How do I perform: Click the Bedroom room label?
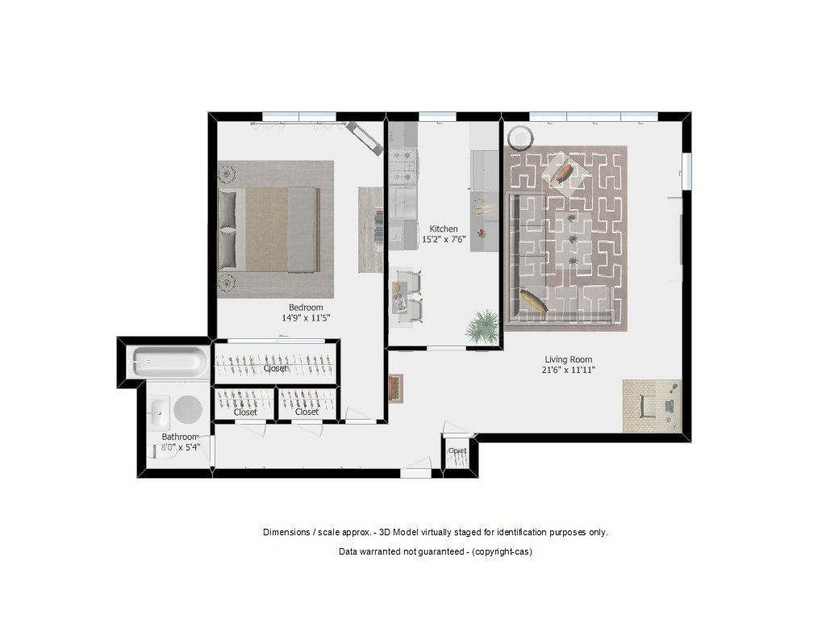pos(306,307)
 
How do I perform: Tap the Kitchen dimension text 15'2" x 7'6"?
pos(443,240)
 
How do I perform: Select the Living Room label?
pos(569,359)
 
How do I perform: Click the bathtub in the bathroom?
pos(169,360)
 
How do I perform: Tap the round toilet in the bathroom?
pos(187,410)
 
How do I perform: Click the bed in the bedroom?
pos(269,229)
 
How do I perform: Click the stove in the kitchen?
pos(403,165)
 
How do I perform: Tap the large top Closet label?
pos(275,368)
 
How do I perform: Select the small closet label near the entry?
pos(457,451)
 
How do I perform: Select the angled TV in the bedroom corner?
pos(365,136)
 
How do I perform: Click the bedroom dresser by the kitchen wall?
pos(370,229)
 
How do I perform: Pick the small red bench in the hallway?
pos(394,387)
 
